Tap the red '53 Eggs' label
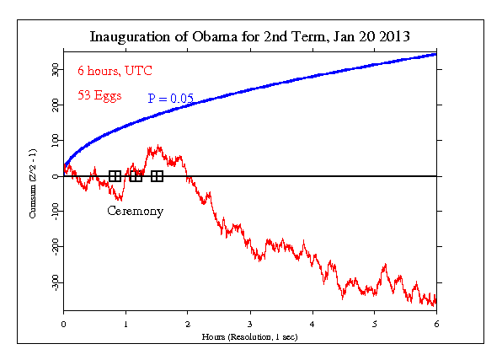click(99, 95)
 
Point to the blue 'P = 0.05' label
click(171, 99)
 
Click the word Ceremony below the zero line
click(135, 211)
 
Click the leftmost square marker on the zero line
click(115, 176)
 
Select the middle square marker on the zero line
click(136, 176)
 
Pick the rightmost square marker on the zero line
click(157, 176)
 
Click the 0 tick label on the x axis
click(64, 323)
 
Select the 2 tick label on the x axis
click(188, 323)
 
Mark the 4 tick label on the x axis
click(312, 323)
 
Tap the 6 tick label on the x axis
click(436, 323)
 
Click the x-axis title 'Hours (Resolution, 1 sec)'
click(250, 336)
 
